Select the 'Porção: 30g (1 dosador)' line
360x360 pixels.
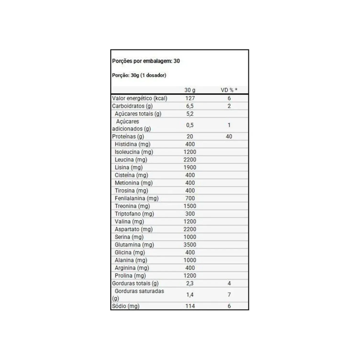click(x=139, y=75)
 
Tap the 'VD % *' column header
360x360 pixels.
click(x=229, y=90)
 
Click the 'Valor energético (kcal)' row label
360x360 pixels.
click(x=139, y=98)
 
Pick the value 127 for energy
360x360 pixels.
click(x=190, y=98)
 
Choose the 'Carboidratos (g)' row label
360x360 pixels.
click(x=132, y=106)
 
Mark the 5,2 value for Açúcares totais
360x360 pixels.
click(x=190, y=113)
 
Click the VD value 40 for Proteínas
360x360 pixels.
click(x=229, y=136)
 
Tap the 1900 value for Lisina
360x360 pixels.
click(x=190, y=167)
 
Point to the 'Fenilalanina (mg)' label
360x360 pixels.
click(x=137, y=198)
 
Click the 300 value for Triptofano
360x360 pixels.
click(x=190, y=213)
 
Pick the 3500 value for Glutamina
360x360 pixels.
click(x=190, y=244)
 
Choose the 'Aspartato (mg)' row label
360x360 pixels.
click(x=134, y=229)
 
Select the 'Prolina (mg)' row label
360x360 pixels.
click(x=130, y=275)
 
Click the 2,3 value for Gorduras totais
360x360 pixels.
click(x=190, y=283)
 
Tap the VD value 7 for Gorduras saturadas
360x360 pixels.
click(x=229, y=294)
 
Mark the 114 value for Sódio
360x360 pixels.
click(x=190, y=306)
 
